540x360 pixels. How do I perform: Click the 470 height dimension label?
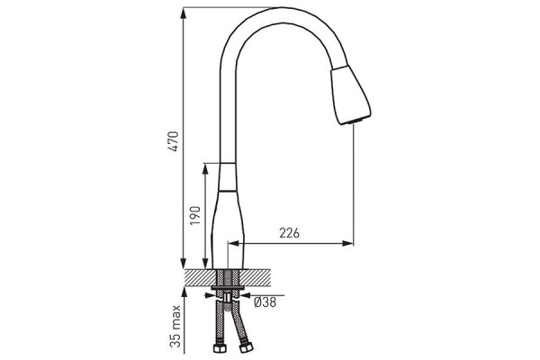point(175,141)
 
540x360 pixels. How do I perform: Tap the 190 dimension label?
point(195,216)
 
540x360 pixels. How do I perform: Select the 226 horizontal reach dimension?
point(289,233)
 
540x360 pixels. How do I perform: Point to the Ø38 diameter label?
point(265,302)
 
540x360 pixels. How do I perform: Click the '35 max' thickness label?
point(175,326)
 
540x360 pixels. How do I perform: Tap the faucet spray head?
point(350,94)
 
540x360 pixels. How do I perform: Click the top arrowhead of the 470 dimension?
point(184,13)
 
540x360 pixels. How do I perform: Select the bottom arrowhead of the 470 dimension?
point(184,263)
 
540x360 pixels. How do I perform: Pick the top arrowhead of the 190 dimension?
point(205,169)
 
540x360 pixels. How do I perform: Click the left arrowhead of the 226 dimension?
point(234,244)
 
